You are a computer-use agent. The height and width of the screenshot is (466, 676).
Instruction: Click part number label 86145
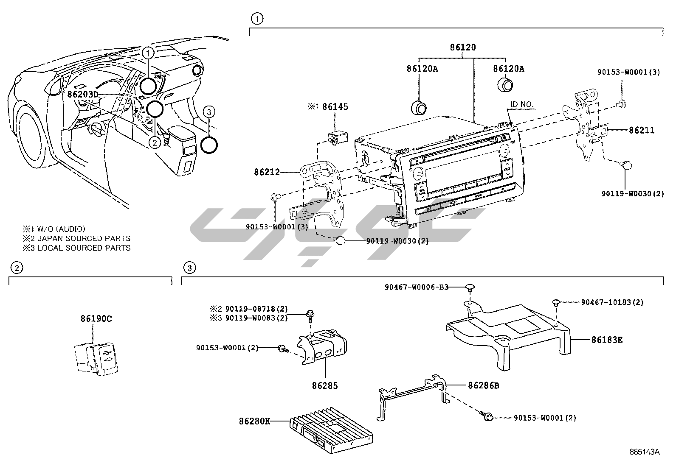pyautogui.click(x=335, y=106)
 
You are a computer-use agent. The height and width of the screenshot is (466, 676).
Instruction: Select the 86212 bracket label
pyautogui.click(x=267, y=172)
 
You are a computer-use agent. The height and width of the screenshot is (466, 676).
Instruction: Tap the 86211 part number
pyautogui.click(x=642, y=130)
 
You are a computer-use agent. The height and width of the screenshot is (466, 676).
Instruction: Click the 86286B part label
pyautogui.click(x=484, y=385)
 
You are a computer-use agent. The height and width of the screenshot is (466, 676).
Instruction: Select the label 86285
pyautogui.click(x=325, y=385)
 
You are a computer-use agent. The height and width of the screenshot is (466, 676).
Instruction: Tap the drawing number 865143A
pyautogui.click(x=645, y=452)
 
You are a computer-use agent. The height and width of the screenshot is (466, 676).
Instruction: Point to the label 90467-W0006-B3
pyautogui.click(x=417, y=287)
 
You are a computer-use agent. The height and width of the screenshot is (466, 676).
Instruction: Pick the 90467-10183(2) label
pyautogui.click(x=612, y=302)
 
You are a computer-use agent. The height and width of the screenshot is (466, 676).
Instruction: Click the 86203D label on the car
pyautogui.click(x=83, y=94)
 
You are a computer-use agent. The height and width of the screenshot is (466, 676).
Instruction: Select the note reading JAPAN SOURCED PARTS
pyautogui.click(x=84, y=238)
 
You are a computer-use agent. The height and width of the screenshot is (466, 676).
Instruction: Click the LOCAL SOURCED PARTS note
pyautogui.click(x=84, y=248)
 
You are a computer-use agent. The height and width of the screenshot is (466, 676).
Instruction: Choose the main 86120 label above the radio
pyautogui.click(x=463, y=47)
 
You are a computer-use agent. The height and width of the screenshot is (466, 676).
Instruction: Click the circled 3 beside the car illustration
pyautogui.click(x=208, y=112)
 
